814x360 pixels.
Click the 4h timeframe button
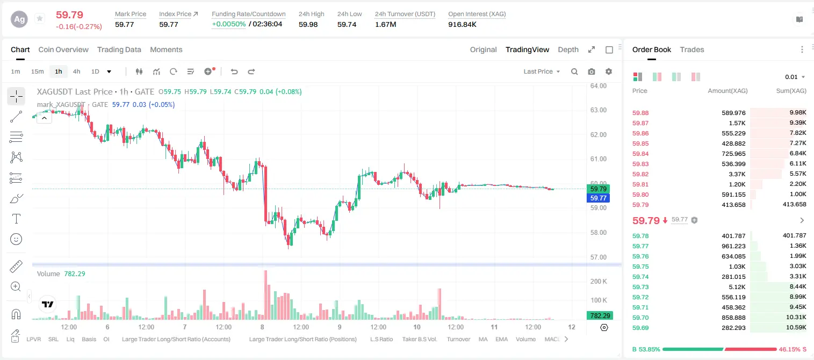76,71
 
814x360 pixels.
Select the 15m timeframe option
37,71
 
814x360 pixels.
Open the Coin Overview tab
63,49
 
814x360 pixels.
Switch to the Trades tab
691,49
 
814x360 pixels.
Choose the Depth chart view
568,49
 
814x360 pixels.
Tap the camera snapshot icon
592,71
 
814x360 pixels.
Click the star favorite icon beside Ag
40,18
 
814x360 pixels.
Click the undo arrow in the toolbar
234,71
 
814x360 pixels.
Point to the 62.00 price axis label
598,135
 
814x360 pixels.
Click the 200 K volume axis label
598,282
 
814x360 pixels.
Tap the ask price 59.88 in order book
640,113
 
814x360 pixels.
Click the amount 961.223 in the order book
733,246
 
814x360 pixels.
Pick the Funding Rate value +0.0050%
228,24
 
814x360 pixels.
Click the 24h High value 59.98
308,24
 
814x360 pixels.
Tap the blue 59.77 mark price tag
598,198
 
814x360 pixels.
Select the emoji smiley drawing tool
16,239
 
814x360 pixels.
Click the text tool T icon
16,219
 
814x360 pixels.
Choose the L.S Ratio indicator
381,339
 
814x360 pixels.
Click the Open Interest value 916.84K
462,24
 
